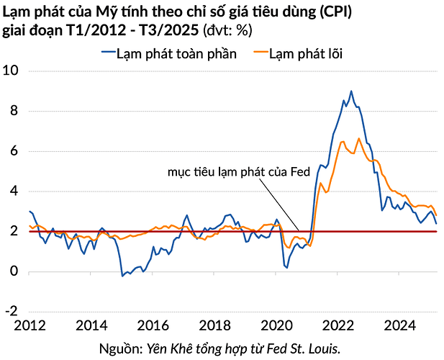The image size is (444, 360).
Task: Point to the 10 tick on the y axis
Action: [12, 71]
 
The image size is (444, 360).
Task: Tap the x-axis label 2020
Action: [277, 325]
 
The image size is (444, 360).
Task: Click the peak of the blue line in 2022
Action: [351, 91]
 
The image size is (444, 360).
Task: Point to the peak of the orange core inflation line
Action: [359, 138]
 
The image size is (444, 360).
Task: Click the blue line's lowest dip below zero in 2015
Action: [122, 276]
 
